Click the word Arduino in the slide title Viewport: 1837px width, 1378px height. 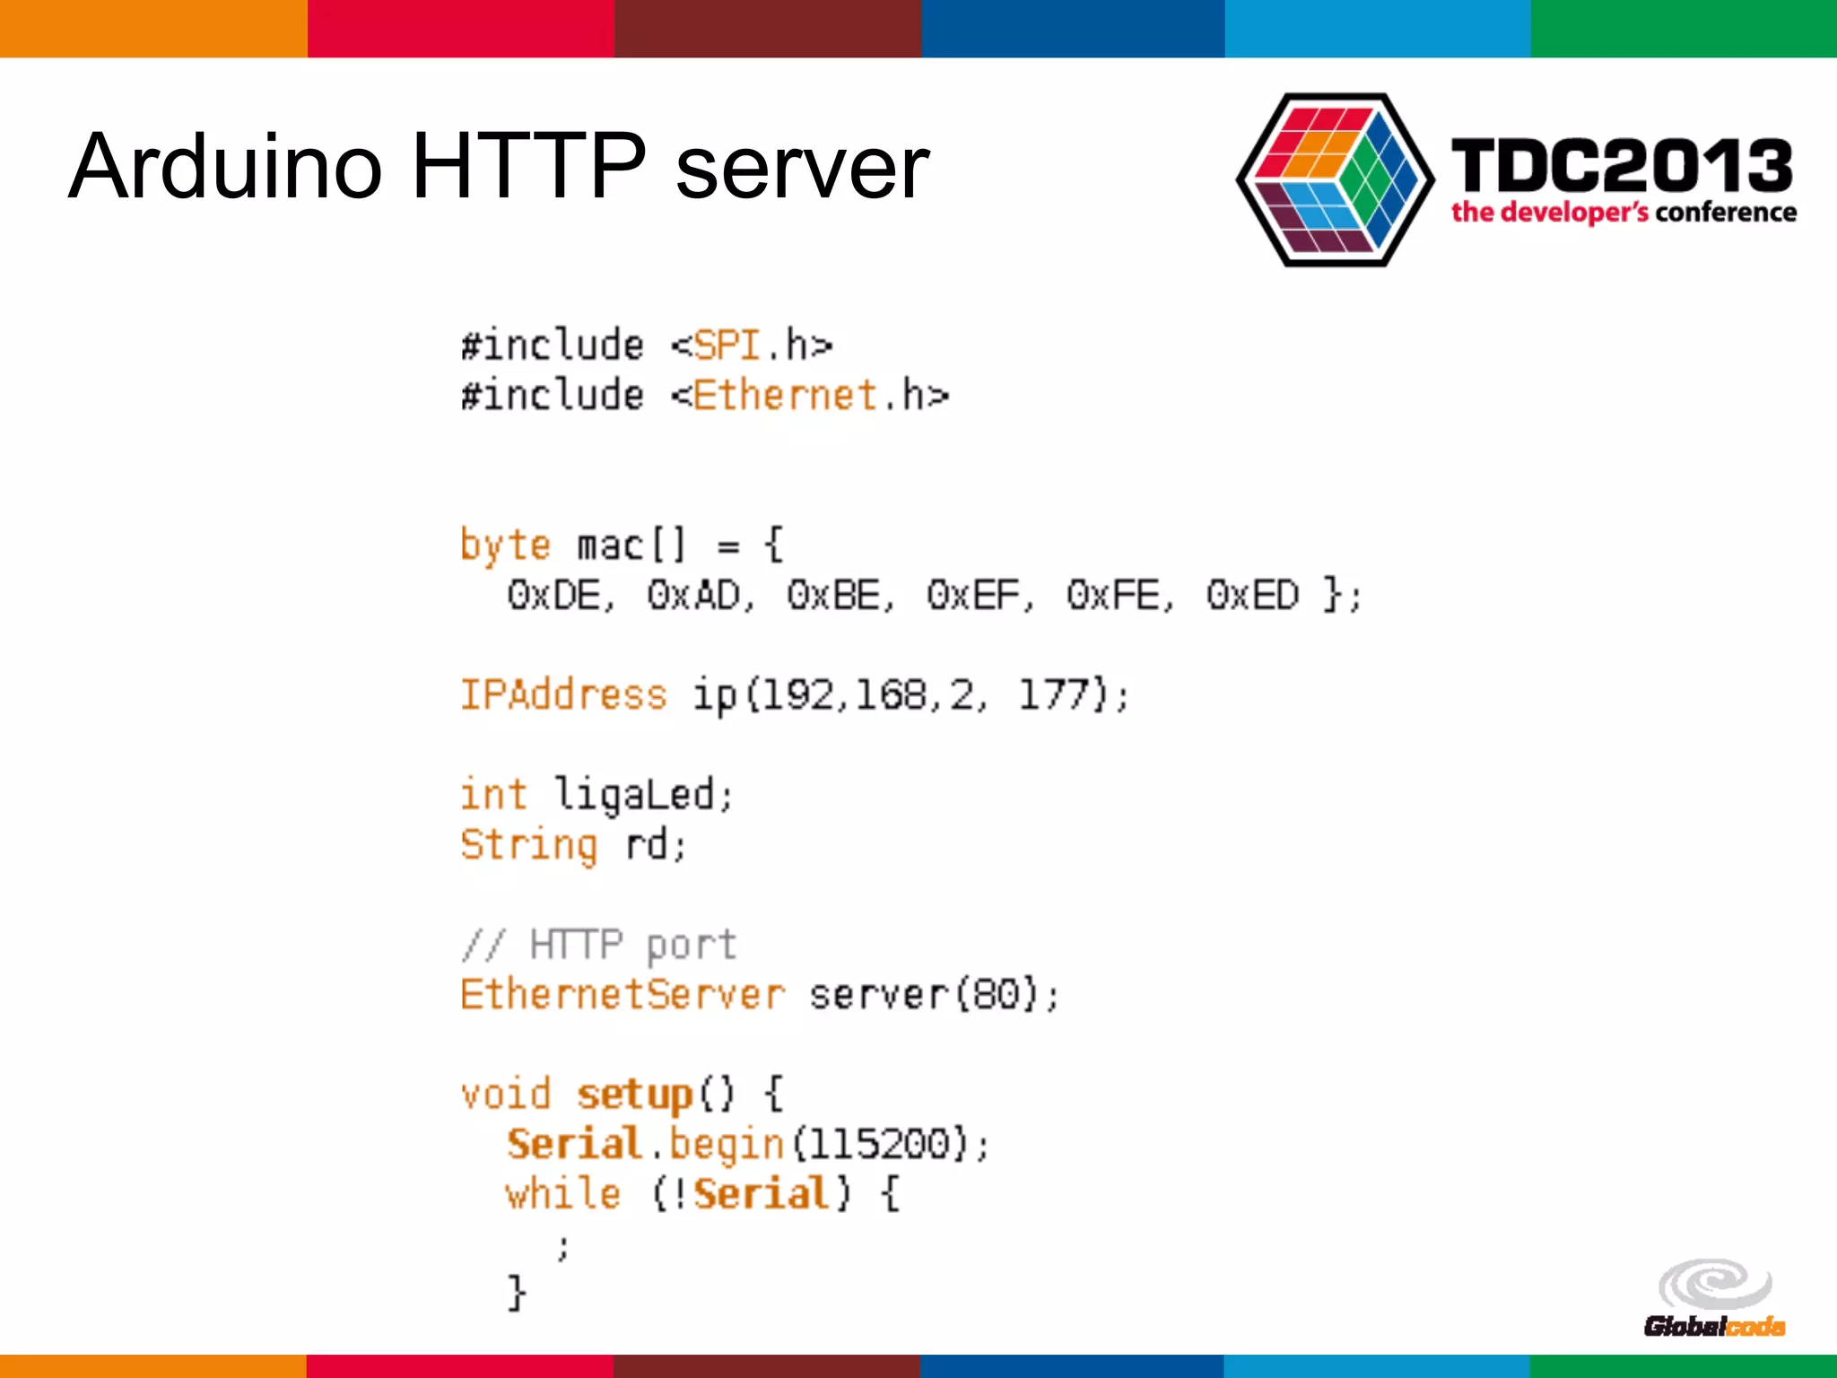(x=226, y=167)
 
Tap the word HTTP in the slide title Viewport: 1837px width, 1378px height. (x=528, y=167)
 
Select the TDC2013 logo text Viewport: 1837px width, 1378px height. (x=1622, y=167)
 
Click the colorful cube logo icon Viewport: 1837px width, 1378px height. (x=1335, y=179)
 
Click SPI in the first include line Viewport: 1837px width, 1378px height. (x=727, y=345)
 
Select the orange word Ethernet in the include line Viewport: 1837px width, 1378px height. (x=785, y=396)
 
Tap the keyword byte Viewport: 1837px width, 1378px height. (x=505, y=545)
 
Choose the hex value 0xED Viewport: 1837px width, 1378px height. (x=1252, y=596)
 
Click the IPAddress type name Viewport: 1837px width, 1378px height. (x=563, y=695)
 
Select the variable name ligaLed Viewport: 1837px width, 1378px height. (x=633, y=795)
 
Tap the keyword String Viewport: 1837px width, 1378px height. (x=528, y=845)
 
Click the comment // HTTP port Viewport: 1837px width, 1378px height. (x=598, y=945)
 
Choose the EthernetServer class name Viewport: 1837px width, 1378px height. (x=622, y=995)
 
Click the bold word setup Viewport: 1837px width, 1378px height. (x=634, y=1095)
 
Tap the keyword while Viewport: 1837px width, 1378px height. (x=563, y=1194)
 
